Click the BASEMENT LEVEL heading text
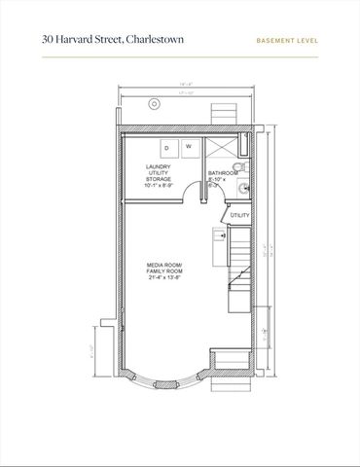[x=288, y=42]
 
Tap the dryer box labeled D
[x=166, y=147]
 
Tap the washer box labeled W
[x=188, y=147]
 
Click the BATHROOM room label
[x=224, y=173]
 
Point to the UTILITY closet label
[x=239, y=214]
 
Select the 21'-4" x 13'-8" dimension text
[x=163, y=278]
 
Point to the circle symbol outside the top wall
[x=152, y=104]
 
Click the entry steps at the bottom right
[x=233, y=368]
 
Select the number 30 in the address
[x=48, y=41]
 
